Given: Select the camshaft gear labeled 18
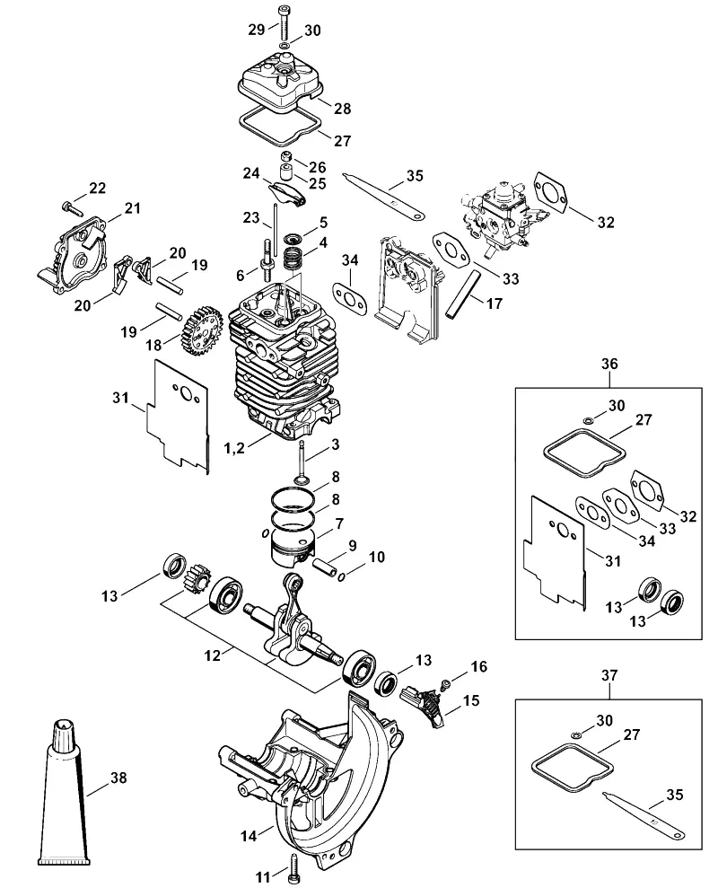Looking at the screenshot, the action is [x=197, y=331].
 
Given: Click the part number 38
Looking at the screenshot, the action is [x=118, y=778].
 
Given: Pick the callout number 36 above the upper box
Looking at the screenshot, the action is [x=609, y=364].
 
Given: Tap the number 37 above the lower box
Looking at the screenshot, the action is [x=609, y=675].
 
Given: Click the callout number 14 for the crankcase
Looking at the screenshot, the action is [x=250, y=835].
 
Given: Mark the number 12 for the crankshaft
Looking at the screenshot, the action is [x=213, y=655].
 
